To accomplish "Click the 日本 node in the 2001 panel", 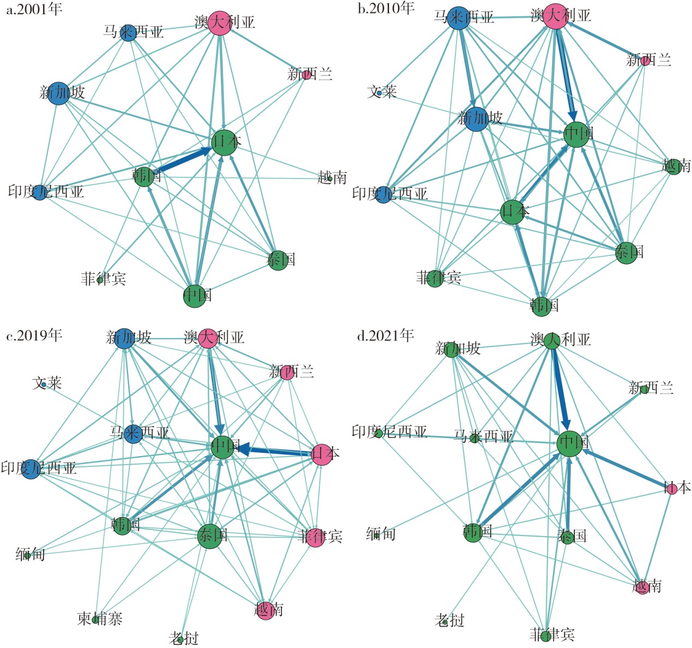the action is (x=224, y=142).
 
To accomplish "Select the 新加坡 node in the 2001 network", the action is (x=58, y=93).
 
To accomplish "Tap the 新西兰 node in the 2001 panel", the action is (x=306, y=75).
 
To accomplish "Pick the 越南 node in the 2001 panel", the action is (x=330, y=179).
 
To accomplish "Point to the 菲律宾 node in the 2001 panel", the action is (x=100, y=280).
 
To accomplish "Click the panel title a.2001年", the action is (x=34, y=9).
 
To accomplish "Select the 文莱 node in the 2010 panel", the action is (x=379, y=93).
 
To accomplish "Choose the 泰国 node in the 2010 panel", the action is (x=627, y=253).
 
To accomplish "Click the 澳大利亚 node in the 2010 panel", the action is (x=556, y=16).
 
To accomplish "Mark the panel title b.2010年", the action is (x=386, y=8).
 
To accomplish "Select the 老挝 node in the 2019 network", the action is (x=180, y=640).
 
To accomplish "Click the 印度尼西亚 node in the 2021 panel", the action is (x=378, y=434).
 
